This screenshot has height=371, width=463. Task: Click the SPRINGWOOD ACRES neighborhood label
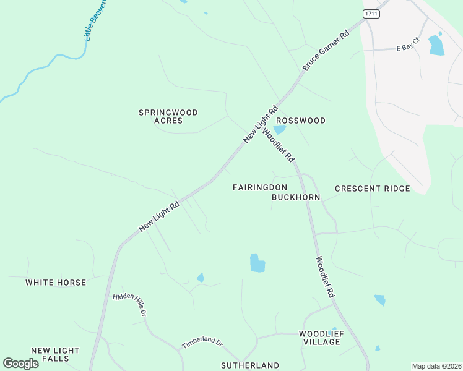(168, 116)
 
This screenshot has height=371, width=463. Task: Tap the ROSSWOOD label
(300, 121)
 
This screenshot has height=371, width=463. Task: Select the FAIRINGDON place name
(260, 187)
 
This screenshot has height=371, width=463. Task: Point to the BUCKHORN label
(296, 197)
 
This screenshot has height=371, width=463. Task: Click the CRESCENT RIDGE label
(372, 189)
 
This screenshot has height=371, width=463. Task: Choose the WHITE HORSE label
(56, 283)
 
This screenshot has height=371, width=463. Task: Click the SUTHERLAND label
(250, 365)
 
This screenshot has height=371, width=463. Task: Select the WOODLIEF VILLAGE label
(320, 338)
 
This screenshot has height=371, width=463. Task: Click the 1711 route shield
(371, 14)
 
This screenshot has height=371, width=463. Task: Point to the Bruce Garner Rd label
(326, 51)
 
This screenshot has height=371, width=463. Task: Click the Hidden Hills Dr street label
(129, 305)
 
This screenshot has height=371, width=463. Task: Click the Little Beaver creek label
(95, 20)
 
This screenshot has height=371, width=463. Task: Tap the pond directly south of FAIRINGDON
(257, 263)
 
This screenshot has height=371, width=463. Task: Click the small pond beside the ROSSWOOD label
(279, 130)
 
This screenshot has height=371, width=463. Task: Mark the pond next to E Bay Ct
(436, 46)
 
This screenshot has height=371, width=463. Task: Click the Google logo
(20, 364)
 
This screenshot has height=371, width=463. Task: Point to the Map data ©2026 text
(436, 366)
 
